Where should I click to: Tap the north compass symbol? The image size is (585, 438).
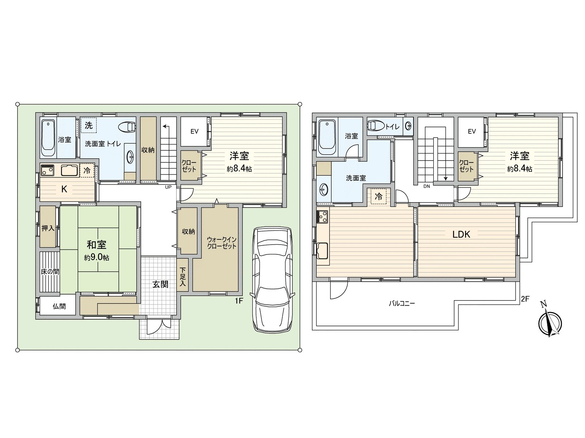(x=550, y=322)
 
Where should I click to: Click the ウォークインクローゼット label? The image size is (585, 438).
(x=222, y=243)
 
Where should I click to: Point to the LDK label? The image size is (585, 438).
(x=461, y=234)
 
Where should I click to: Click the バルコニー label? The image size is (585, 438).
(x=401, y=303)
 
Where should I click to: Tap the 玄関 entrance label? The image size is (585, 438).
(x=160, y=284)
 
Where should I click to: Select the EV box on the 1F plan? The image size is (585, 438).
(x=194, y=131)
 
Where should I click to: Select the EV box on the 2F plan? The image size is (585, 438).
(x=472, y=131)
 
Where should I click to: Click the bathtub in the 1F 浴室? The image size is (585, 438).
(x=48, y=138)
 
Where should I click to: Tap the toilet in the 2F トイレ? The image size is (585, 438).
(x=375, y=126)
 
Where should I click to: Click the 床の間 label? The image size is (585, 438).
(x=50, y=272)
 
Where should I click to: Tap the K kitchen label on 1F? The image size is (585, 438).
(x=64, y=189)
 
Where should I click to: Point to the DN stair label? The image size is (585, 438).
(x=426, y=186)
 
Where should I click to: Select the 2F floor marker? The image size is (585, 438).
(x=525, y=299)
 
